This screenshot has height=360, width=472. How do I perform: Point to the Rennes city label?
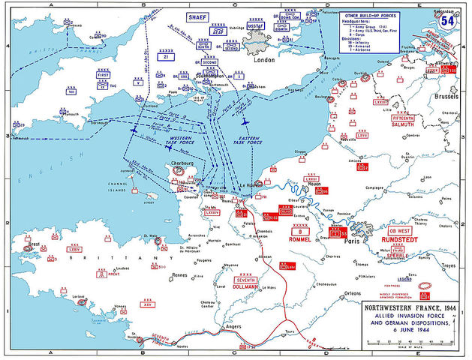click(179, 274)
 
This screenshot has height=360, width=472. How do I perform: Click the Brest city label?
click(33, 245)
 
